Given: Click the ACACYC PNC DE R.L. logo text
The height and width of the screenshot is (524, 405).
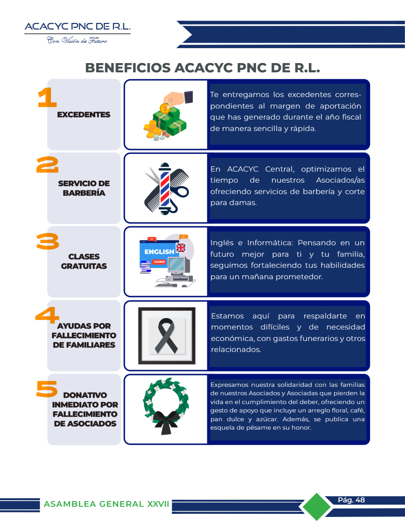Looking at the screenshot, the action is tap(78, 26).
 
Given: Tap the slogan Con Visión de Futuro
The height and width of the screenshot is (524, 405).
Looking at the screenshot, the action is tap(77, 41).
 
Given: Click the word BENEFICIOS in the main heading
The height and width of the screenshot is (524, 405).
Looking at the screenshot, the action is tap(128, 68).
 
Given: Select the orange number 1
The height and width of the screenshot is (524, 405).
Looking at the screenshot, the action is tap(47, 97).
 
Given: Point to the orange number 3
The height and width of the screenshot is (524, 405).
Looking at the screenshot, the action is tap(48, 242).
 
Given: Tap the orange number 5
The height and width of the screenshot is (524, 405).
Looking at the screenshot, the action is tap(47, 389).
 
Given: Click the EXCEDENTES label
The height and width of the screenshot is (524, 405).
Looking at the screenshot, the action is tap(83, 115).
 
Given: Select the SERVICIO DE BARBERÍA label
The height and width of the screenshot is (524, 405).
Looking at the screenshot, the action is tap(84, 188).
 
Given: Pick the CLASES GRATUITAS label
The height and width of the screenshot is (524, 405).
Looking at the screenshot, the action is tap(84, 261).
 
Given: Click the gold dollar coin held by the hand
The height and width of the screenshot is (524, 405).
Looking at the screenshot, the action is tap(165, 108).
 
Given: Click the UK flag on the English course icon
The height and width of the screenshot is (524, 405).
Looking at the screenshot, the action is tap(181, 247).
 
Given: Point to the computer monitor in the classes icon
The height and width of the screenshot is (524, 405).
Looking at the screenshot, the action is tap(177, 266).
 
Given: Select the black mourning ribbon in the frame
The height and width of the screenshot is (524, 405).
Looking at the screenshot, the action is tap(166, 336).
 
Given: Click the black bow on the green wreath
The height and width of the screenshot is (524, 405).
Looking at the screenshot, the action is tap(166, 421).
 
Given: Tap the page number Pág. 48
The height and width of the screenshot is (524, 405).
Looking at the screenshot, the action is tap(351, 500).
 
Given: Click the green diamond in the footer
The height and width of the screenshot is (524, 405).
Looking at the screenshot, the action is tap(316, 507).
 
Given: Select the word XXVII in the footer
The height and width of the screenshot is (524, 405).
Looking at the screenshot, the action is tap(158, 504).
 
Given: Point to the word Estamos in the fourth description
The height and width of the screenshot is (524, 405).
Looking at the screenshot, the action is tap(227, 316).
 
